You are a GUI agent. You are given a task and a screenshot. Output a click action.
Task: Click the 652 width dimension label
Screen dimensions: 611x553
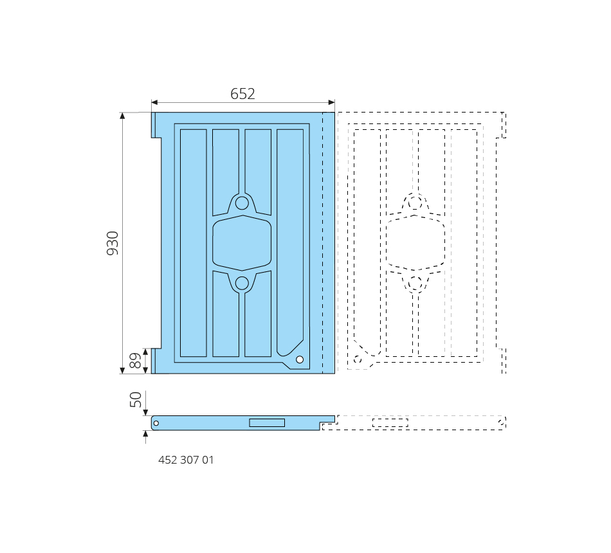(x=242, y=94)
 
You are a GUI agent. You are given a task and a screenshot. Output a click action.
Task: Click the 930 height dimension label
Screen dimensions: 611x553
(x=113, y=243)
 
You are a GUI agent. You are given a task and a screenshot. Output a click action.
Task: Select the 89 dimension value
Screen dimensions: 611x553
(x=135, y=361)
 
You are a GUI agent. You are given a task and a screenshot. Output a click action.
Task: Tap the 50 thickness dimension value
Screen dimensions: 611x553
(x=135, y=399)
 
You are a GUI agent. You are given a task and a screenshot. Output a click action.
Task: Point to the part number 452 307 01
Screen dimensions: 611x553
(x=186, y=460)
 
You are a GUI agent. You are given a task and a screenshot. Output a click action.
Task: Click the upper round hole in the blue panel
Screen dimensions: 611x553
(x=242, y=203)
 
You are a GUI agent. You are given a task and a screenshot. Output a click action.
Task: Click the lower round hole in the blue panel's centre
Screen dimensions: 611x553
(x=242, y=284)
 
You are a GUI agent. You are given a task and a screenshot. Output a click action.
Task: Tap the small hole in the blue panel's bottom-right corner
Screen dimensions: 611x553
(x=300, y=359)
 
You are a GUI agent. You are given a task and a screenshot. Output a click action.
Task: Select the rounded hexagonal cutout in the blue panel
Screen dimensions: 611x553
(x=242, y=243)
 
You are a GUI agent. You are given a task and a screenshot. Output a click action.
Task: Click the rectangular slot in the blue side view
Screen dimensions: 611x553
(x=267, y=422)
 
